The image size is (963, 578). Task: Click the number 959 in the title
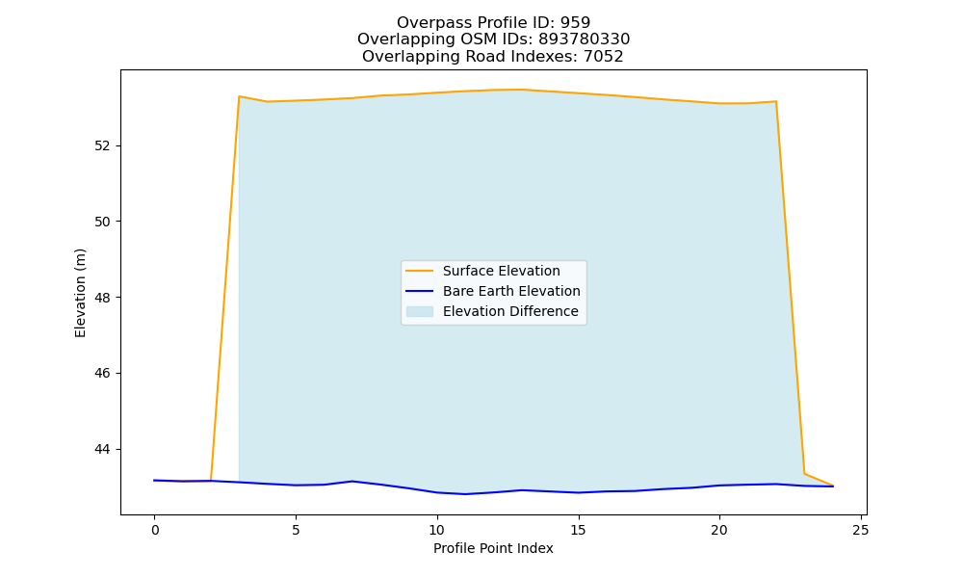tap(575, 23)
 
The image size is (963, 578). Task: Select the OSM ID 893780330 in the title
tap(585, 39)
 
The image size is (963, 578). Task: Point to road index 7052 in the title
tap(603, 57)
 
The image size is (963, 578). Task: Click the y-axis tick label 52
tap(102, 146)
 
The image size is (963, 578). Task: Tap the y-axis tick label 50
tap(102, 222)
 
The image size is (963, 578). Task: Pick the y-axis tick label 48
tap(102, 298)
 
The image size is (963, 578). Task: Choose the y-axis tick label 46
tap(102, 374)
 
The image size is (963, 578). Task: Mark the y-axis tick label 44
tap(102, 450)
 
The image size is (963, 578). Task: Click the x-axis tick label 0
tap(155, 530)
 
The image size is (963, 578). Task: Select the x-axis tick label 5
tap(296, 530)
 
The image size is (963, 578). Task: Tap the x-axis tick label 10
tap(436, 530)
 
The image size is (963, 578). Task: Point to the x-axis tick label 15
tap(578, 530)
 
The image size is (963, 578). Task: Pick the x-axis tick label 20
tap(719, 530)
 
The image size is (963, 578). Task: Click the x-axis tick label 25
tap(860, 530)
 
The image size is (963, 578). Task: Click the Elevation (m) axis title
tap(81, 293)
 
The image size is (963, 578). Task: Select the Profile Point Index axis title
tap(493, 548)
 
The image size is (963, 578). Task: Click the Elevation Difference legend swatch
tap(420, 311)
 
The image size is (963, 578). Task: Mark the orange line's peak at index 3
tap(239, 96)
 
